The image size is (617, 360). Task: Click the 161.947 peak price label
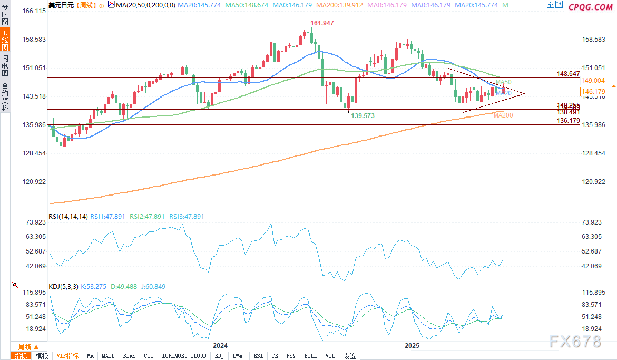[x=322, y=23]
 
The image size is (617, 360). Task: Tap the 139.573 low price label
[x=363, y=115]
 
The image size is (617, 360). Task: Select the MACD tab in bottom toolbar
[x=108, y=356]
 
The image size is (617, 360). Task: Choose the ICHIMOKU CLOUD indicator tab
[x=184, y=356]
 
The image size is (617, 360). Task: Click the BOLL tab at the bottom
[x=311, y=356]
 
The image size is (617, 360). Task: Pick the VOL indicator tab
[x=330, y=356]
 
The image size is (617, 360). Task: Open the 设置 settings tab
[x=350, y=356]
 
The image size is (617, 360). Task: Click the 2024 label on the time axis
[x=220, y=346]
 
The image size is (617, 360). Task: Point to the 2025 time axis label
[x=412, y=346]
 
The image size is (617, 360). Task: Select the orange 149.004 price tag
[x=593, y=81]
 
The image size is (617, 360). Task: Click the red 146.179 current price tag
[x=593, y=92]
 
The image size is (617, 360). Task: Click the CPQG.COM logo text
[x=590, y=7]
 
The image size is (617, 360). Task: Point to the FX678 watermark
[x=575, y=342]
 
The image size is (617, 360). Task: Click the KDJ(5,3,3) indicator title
[x=63, y=287]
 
